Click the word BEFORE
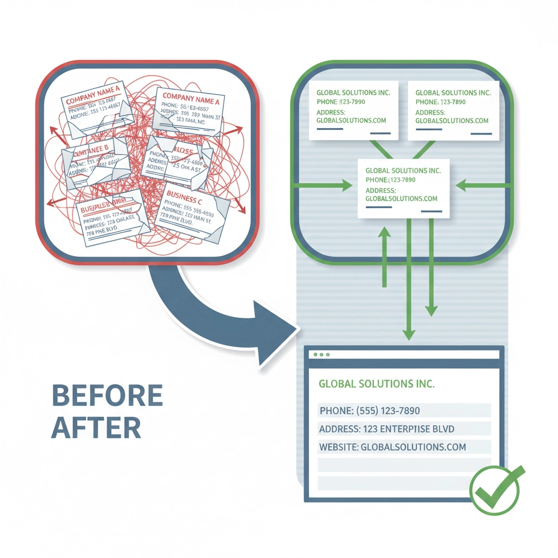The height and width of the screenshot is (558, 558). [107, 396]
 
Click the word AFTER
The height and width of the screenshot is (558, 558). [96, 428]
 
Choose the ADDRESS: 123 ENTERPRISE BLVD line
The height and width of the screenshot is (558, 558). [386, 429]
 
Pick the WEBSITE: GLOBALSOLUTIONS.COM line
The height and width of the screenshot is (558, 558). [392, 447]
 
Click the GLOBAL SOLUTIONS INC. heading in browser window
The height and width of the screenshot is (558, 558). [377, 384]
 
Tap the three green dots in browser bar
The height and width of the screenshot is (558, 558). [322, 354]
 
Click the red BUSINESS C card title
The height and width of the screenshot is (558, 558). [184, 194]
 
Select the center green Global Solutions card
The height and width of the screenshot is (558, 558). [403, 188]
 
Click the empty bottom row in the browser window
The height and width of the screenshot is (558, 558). [404, 483]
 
